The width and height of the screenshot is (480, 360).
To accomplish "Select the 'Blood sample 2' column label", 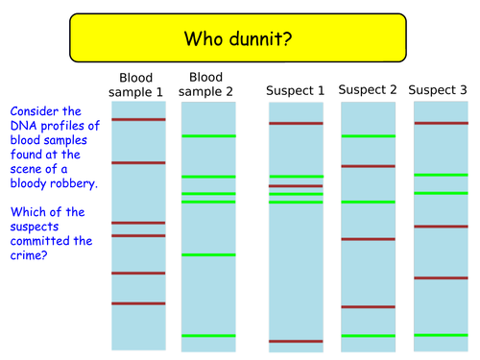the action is coord(207,85).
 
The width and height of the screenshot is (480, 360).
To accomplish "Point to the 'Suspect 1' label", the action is coord(295,91).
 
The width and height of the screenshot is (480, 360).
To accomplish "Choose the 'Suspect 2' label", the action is coord(367,90).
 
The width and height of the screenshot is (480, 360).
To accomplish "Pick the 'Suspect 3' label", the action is coord(439,90).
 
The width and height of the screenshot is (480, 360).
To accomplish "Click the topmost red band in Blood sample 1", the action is coord(138,119).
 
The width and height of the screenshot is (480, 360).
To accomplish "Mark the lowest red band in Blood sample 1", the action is coord(138,303).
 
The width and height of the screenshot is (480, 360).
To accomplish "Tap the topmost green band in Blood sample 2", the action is coord(208,136).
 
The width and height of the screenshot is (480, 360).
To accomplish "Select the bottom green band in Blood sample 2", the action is coord(208,335).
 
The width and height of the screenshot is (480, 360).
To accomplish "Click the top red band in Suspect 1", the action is coord(296,123).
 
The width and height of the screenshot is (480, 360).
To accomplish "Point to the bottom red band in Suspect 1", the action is coord(296,341).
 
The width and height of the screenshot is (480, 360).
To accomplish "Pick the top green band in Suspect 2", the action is coord(368,136).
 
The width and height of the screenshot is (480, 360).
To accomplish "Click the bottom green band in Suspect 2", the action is coord(368,335).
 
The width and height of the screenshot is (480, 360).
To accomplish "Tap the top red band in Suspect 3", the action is coord(440,122).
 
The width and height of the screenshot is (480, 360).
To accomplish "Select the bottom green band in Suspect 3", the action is coord(440,334).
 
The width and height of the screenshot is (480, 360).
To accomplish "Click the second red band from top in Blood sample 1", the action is coord(138,162).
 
